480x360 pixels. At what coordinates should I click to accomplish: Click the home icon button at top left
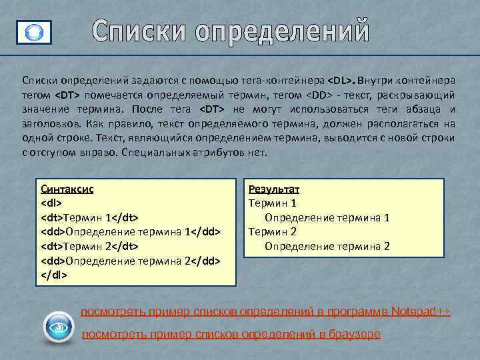tap(33, 31)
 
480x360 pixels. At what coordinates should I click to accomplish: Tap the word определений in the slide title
tap(279, 31)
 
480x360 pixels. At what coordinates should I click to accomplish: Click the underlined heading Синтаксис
tap(67, 189)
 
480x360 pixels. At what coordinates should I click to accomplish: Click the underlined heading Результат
tap(274, 189)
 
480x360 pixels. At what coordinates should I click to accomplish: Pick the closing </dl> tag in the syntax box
tap(54, 275)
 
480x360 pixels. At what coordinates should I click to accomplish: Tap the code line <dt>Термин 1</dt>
tap(90, 217)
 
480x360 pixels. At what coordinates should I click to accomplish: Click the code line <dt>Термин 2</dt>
tap(90, 246)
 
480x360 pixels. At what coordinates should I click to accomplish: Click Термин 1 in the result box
tap(272, 203)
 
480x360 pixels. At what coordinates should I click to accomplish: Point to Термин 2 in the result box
tap(272, 231)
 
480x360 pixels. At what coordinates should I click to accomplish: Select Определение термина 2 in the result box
tap(327, 246)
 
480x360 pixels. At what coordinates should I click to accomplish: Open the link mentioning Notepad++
tap(265, 311)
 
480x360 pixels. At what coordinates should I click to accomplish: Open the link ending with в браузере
tap(231, 333)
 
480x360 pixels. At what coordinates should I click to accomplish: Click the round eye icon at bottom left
tap(58, 328)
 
